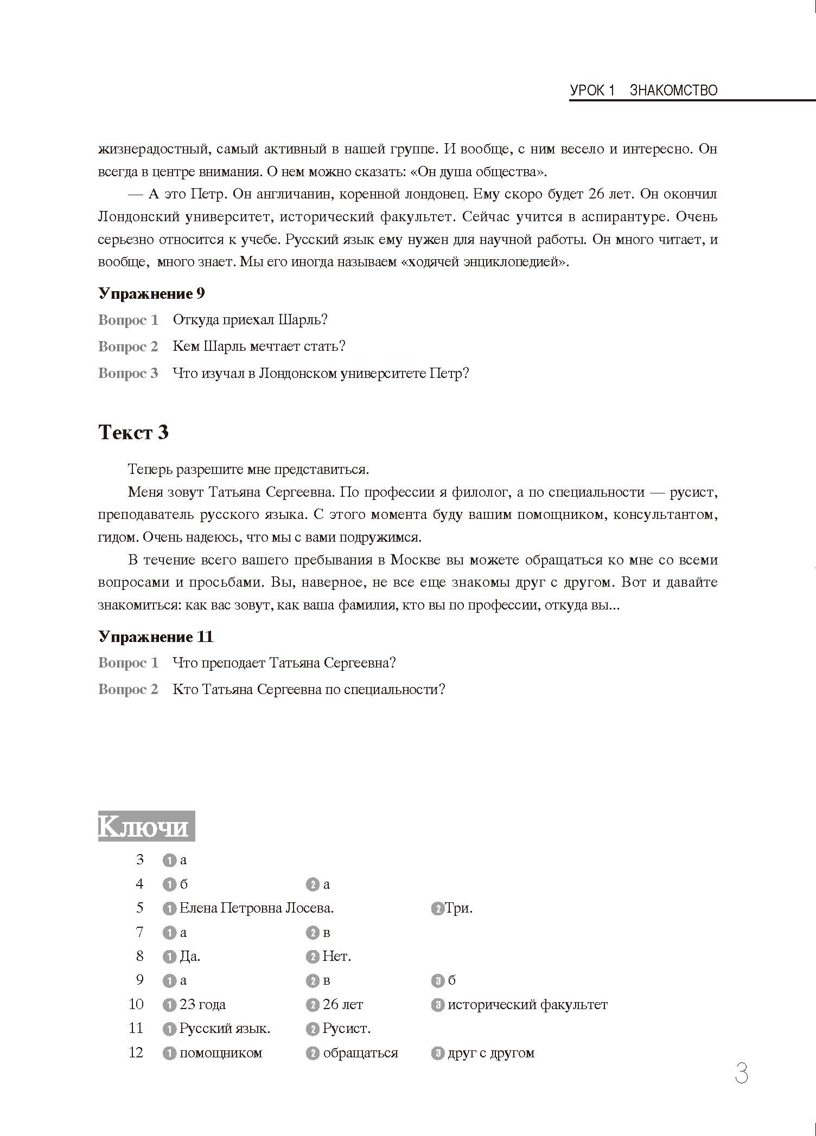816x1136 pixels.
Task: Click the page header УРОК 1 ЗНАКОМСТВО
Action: pyautogui.click(x=643, y=90)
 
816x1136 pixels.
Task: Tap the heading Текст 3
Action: pyautogui.click(x=133, y=432)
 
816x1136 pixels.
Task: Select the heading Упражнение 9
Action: pyautogui.click(x=151, y=293)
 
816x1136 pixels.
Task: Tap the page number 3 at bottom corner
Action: pyautogui.click(x=741, y=1074)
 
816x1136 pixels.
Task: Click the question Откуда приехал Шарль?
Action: pyautogui.click(x=250, y=319)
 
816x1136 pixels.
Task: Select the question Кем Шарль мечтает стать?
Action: pyautogui.click(x=259, y=346)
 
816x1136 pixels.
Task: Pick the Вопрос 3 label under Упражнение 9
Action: pyautogui.click(x=128, y=373)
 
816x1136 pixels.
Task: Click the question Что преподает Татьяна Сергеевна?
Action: pyautogui.click(x=284, y=663)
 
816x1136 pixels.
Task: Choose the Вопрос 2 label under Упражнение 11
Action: pyautogui.click(x=128, y=689)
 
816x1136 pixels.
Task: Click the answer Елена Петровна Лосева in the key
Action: pyautogui.click(x=256, y=908)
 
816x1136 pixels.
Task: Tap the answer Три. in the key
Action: pyautogui.click(x=458, y=908)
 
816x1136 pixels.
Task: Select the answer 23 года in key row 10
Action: pyautogui.click(x=202, y=1004)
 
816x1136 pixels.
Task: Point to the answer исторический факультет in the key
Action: pyautogui.click(x=527, y=1004)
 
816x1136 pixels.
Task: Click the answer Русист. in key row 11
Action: pyautogui.click(x=346, y=1028)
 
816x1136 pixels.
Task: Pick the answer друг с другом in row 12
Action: pyautogui.click(x=491, y=1052)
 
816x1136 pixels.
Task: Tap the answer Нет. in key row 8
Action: pyautogui.click(x=336, y=956)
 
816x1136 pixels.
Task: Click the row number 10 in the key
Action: pyautogui.click(x=136, y=1004)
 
